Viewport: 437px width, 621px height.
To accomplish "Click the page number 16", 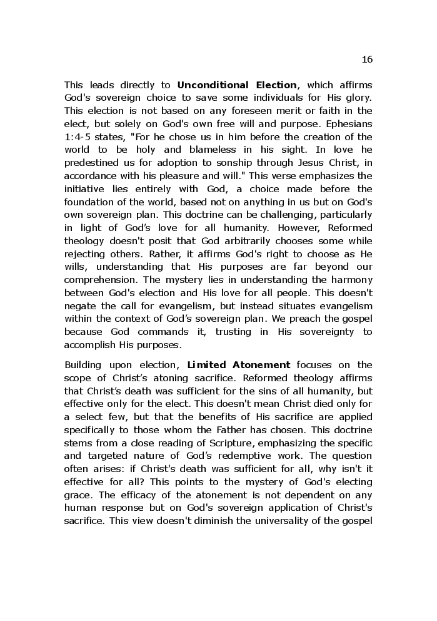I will pos(367,59).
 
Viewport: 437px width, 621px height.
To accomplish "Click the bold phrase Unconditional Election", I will pos(237,85).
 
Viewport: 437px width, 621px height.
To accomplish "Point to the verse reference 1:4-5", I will pos(78,137).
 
